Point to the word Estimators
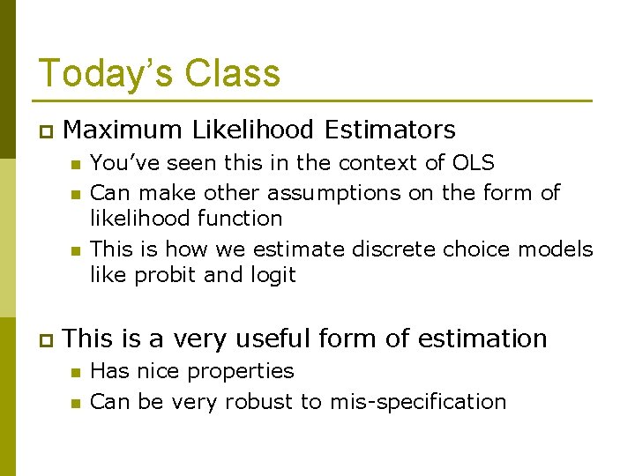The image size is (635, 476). click(x=390, y=130)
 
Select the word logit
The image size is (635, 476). click(x=270, y=275)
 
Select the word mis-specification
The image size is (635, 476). click(x=418, y=402)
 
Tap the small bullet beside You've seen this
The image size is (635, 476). click(x=76, y=164)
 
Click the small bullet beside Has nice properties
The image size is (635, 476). click(x=76, y=372)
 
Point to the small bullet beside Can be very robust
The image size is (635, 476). click(x=76, y=403)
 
